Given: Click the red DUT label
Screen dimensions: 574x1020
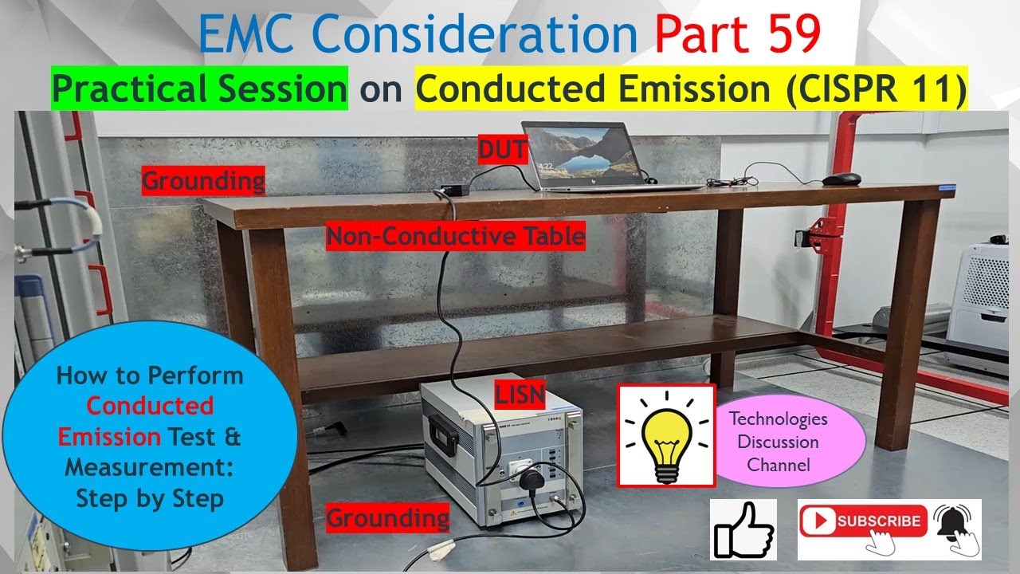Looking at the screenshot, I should (502, 149).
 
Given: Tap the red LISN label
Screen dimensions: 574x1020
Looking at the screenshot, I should (520, 395).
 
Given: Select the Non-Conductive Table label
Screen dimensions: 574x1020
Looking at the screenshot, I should (455, 237).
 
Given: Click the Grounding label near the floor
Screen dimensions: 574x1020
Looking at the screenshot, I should (388, 518).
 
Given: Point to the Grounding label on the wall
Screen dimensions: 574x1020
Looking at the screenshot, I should (203, 181).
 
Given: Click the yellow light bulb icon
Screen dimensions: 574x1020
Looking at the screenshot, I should (666, 434).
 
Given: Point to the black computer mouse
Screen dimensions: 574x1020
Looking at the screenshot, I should (841, 179).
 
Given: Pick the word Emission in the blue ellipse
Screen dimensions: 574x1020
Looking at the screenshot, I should (108, 437).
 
